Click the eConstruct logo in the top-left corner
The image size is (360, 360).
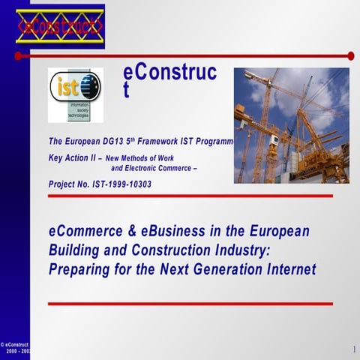click(x=60, y=27)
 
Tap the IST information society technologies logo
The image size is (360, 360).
click(x=75, y=94)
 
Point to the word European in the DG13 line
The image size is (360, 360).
click(x=94, y=141)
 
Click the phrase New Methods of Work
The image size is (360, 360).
click(x=141, y=159)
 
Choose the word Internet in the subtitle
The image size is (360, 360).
click(x=288, y=268)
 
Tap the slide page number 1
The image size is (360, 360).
click(x=352, y=349)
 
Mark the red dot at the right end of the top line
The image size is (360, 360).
click(x=351, y=55)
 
